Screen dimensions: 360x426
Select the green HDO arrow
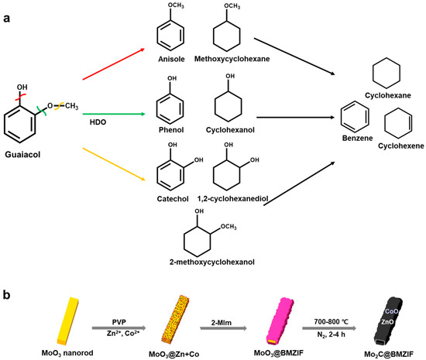[x=112, y=113]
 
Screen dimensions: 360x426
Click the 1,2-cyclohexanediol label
[x=228, y=198]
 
